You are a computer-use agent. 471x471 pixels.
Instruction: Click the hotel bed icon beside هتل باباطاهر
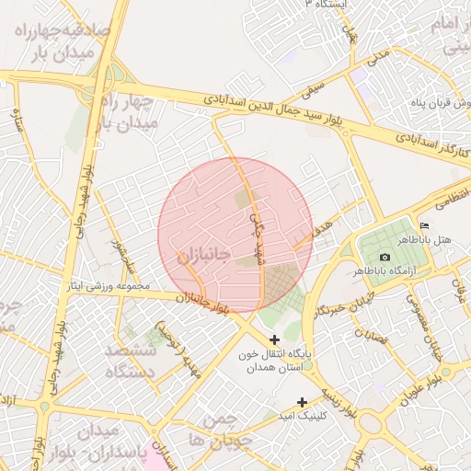[424, 226]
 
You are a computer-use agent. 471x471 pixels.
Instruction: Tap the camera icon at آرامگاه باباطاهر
[385, 257]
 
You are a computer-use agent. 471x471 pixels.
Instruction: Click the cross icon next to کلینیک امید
[303, 401]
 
